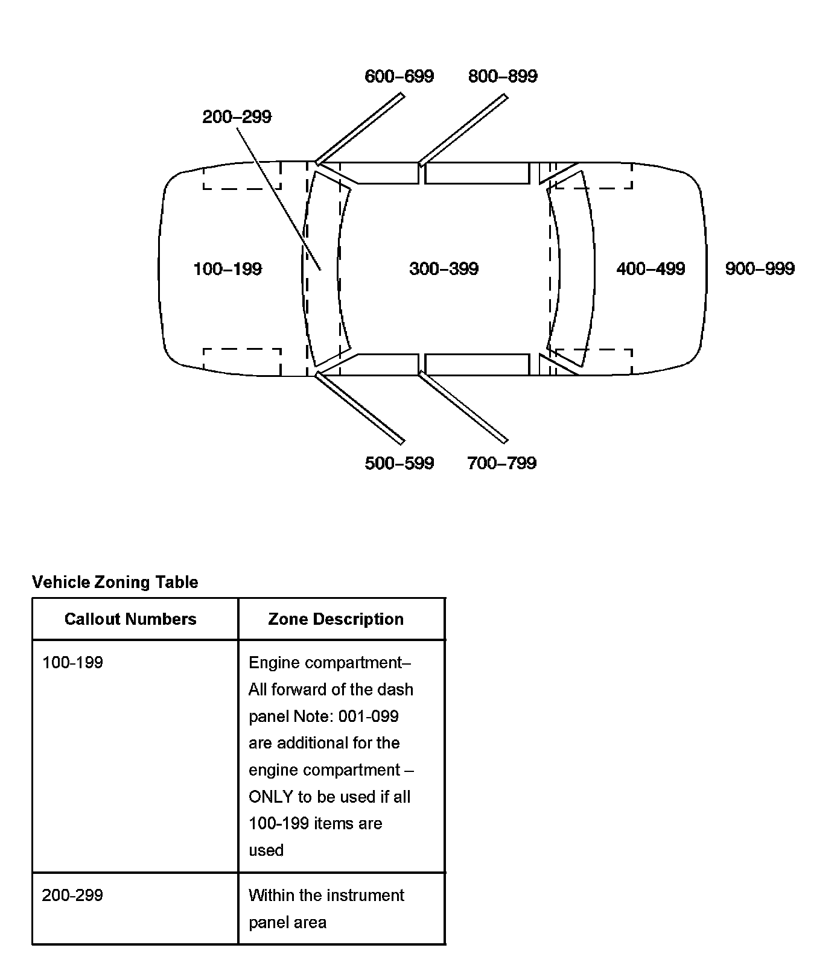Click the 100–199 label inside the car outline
pos(227,269)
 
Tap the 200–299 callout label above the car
pos(237,117)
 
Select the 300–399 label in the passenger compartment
pos(444,269)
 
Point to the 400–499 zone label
pos(651,269)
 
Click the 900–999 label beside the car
pos(760,269)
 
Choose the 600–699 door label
pos(399,77)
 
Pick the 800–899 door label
pos(503,77)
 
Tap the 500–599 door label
pos(399,463)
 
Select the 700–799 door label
pos(501,463)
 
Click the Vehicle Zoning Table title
pos(115,582)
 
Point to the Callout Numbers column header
pos(130,619)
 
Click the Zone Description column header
pos(336,619)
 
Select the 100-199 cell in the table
pos(72,663)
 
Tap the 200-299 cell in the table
pos(72,895)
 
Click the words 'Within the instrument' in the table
pos(326,895)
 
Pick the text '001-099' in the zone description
pos(368,716)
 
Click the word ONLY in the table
pos(271,797)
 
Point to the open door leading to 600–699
pos(360,128)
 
